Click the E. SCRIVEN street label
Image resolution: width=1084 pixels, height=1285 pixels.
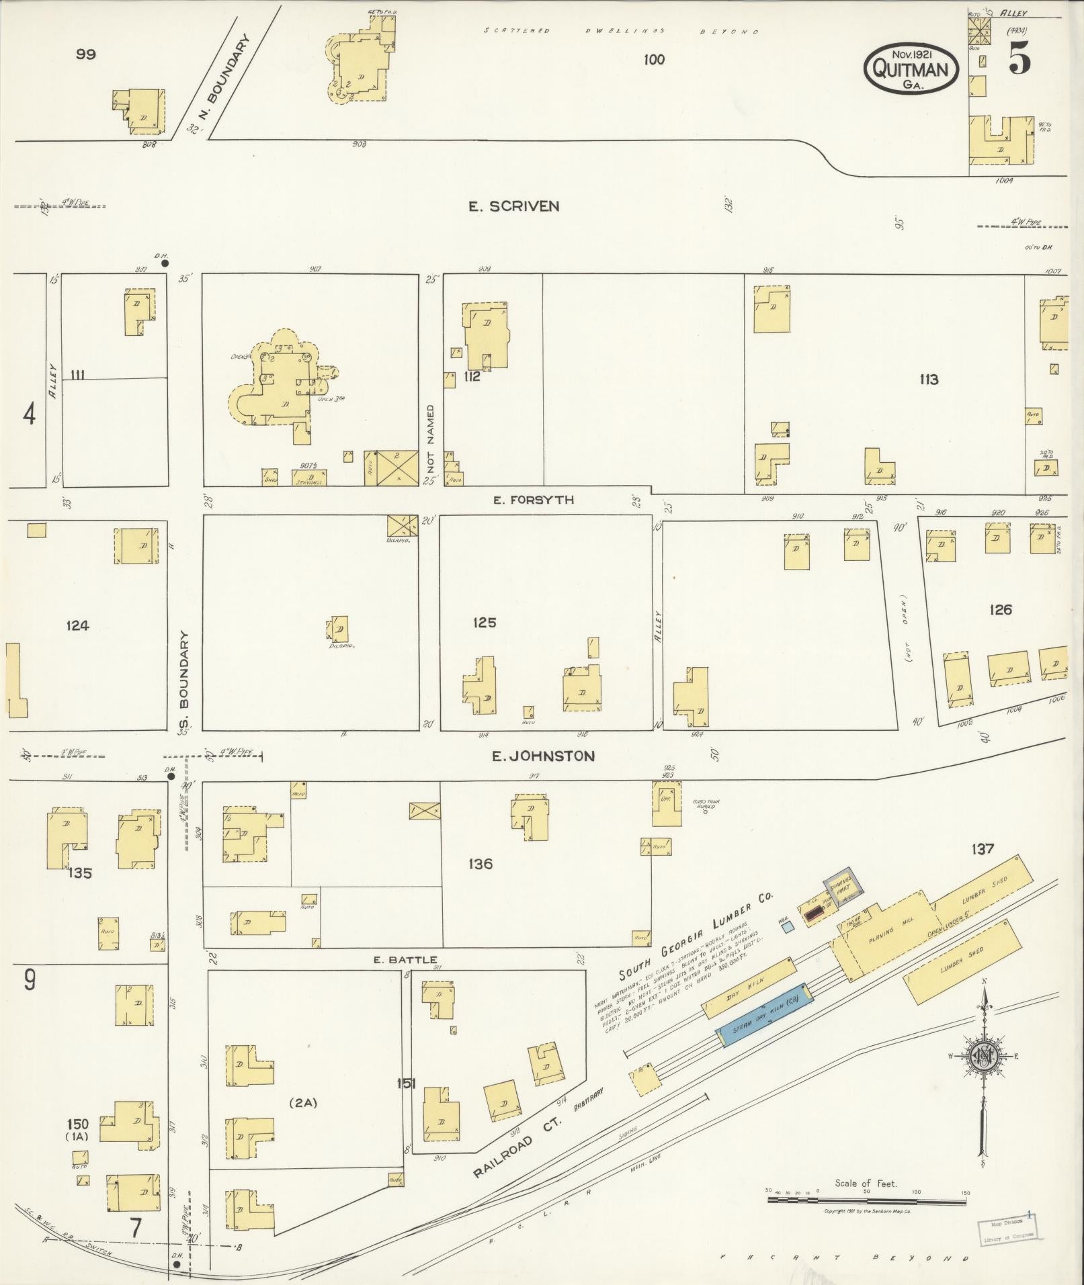(x=513, y=206)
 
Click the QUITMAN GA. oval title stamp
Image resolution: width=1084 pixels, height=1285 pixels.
(x=911, y=69)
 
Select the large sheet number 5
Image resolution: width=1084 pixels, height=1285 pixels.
(x=1019, y=60)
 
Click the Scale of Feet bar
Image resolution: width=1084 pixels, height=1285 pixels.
(x=866, y=1200)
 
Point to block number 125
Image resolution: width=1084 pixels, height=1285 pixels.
(x=484, y=623)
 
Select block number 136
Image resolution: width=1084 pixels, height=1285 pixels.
(x=481, y=864)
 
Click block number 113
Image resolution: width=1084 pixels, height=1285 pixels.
(x=929, y=380)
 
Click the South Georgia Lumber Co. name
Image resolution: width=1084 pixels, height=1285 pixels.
(x=696, y=934)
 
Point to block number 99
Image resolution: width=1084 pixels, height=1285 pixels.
(x=85, y=54)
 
